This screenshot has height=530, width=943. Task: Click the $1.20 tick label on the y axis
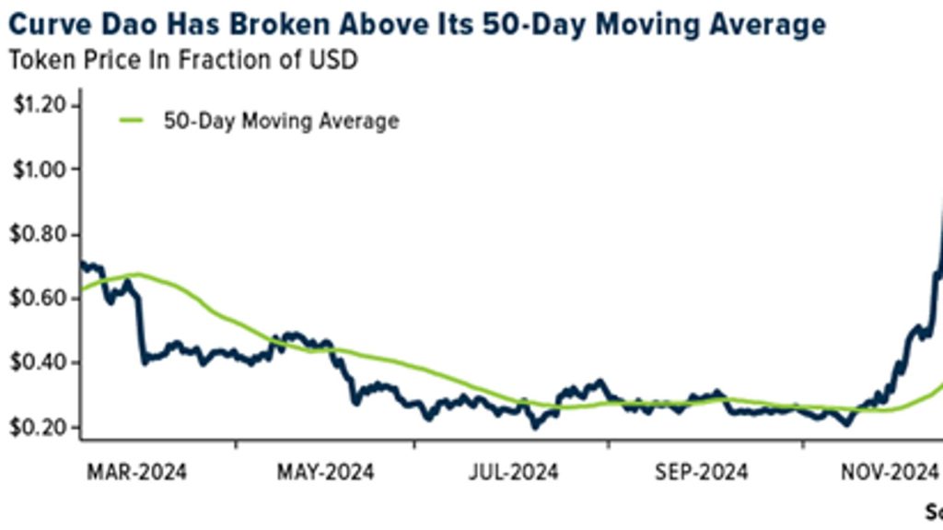[x=40, y=105]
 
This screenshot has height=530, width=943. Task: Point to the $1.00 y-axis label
[x=40, y=170]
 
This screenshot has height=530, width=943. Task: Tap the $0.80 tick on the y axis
[x=40, y=234]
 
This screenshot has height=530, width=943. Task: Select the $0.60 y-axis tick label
[x=40, y=299]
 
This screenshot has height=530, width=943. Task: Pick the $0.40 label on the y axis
[x=40, y=362]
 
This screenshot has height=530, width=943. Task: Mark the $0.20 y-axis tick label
[x=40, y=427]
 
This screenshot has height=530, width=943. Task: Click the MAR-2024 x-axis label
[x=136, y=473]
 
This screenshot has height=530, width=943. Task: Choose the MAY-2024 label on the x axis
[x=325, y=473]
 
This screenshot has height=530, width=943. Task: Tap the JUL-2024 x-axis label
[x=513, y=473]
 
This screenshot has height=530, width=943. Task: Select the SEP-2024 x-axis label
[x=702, y=473]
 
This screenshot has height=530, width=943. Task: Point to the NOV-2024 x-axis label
[x=889, y=473]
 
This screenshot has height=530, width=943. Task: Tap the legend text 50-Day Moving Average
[x=281, y=122]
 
